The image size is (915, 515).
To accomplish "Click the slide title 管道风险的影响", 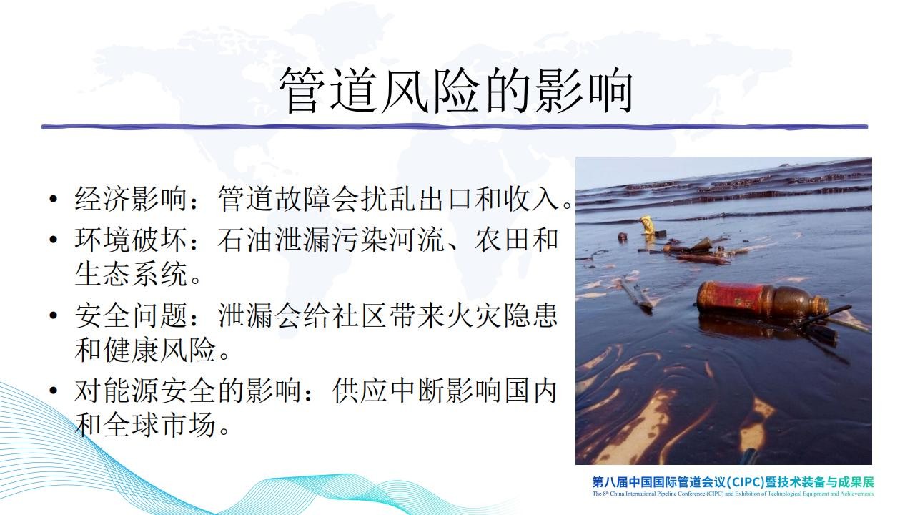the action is (456, 91).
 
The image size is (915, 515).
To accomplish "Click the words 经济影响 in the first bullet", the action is (131, 199).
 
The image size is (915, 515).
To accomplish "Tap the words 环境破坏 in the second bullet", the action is (131, 240).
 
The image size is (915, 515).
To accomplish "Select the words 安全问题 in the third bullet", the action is (131, 315).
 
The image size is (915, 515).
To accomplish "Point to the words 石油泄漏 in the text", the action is (274, 240).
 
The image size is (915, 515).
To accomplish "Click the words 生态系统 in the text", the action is (131, 274).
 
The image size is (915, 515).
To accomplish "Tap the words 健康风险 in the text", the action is (159, 350).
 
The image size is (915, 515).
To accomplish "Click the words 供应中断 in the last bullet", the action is (388, 391).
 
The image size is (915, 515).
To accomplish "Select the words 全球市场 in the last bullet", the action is (159, 425).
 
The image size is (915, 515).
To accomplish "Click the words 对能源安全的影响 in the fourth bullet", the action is (188, 391).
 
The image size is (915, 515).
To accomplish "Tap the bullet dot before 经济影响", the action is (53, 200).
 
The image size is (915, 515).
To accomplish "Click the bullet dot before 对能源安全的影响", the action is (53, 391).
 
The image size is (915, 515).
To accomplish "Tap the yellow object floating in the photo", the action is (647, 225).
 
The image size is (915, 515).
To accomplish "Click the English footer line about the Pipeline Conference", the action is (733, 494).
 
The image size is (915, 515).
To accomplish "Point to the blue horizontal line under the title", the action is (454, 127).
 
